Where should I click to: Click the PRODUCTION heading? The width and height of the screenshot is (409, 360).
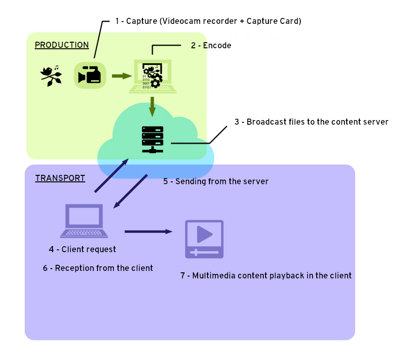tap(62, 45)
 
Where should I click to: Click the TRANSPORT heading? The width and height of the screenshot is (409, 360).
tap(60, 178)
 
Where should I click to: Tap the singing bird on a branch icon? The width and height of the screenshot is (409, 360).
tap(51, 75)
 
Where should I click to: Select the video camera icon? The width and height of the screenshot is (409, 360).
tap(90, 75)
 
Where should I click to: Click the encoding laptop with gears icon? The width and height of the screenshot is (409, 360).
tap(153, 76)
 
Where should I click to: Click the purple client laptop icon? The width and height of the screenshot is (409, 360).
tap(84, 221)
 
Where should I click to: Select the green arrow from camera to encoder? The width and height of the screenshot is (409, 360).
tap(121, 75)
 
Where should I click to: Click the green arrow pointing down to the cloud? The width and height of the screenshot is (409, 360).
tap(152, 107)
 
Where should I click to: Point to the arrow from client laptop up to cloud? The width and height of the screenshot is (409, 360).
tap(112, 175)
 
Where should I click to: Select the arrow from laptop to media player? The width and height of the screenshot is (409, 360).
tap(148, 231)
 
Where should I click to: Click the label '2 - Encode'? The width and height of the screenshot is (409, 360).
tap(211, 45)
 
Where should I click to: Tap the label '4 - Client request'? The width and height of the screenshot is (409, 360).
tap(82, 249)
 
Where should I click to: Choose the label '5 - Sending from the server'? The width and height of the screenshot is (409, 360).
tap(216, 181)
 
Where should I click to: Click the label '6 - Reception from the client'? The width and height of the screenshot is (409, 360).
tap(98, 268)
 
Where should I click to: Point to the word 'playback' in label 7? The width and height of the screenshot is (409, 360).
tap(287, 276)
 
